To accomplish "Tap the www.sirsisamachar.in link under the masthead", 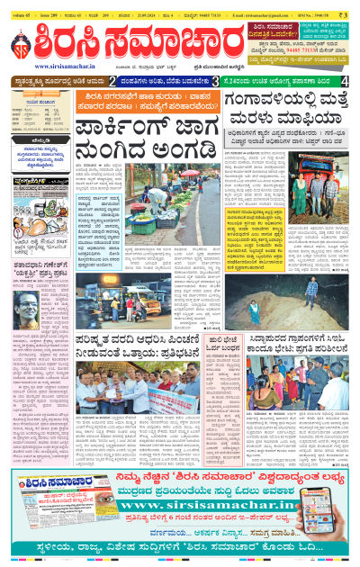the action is (65, 67).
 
